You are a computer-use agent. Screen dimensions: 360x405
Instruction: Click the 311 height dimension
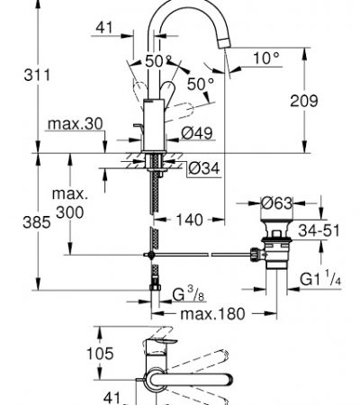point(37,75)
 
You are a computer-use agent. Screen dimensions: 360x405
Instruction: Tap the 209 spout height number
point(303,101)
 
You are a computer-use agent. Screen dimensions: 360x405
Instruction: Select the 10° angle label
point(266,58)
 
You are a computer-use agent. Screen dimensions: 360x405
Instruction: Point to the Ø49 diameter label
point(197,133)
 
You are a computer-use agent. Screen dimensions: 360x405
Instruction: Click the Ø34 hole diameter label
point(204,168)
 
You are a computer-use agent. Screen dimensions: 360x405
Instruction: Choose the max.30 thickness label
point(76,123)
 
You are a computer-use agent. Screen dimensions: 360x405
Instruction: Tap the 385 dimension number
point(37,222)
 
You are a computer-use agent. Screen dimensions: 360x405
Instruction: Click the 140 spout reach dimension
point(189,220)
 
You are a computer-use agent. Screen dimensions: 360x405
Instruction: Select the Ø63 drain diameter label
point(276,203)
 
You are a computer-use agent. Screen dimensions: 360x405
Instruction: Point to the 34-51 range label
point(319,230)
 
